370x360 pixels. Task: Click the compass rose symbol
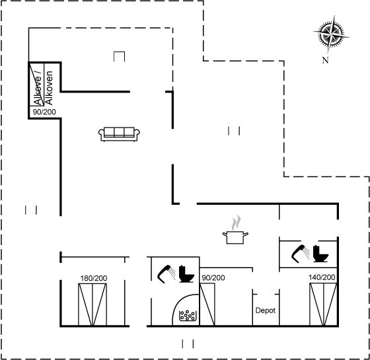(331, 34)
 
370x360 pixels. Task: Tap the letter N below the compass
(325, 60)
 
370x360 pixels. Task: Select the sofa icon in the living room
(119, 134)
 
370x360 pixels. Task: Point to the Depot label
(266, 310)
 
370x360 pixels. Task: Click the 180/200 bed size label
(94, 278)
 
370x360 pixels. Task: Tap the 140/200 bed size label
(322, 277)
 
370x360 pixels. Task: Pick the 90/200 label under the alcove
(44, 112)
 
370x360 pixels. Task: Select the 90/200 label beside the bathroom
(213, 278)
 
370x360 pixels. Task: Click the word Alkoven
(49, 88)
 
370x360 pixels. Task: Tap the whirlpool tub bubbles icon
(188, 316)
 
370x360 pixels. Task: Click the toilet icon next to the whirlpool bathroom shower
(186, 274)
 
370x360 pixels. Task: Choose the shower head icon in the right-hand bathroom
(301, 254)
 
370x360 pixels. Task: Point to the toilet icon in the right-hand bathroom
(320, 254)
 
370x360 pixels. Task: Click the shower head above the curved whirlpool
(166, 274)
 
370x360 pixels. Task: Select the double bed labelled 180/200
(92, 305)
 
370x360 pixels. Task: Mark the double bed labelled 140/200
(323, 305)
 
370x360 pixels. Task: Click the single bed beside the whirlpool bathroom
(207, 305)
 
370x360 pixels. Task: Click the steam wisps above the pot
(237, 223)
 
